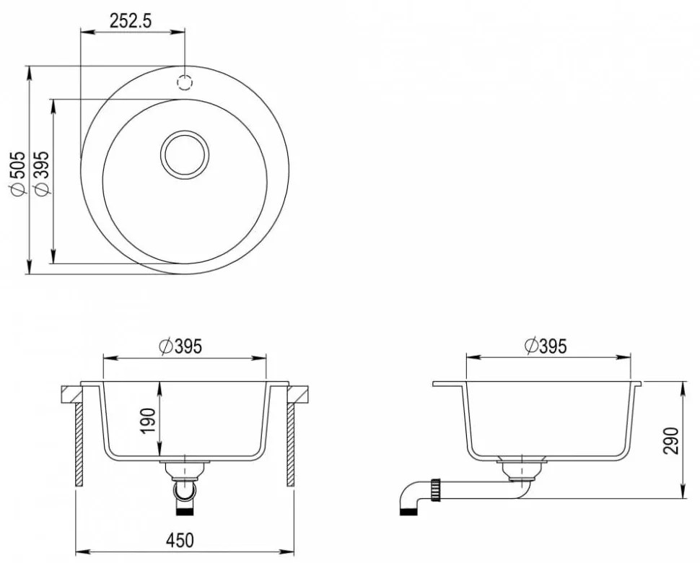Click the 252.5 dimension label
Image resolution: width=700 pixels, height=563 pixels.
tap(130, 21)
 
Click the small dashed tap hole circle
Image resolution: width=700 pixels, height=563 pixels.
tap(185, 82)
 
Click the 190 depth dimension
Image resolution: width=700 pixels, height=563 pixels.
tap(149, 420)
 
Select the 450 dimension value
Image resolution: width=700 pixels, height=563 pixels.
tap(184, 540)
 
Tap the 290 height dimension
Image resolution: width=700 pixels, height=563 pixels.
tap(670, 440)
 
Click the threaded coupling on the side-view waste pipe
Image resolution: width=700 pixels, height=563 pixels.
tap(437, 489)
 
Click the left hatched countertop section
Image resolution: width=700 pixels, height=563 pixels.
tap(72, 394)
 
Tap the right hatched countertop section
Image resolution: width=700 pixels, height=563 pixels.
tap(299, 394)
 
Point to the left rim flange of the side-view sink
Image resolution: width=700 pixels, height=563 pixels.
tap(447, 384)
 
